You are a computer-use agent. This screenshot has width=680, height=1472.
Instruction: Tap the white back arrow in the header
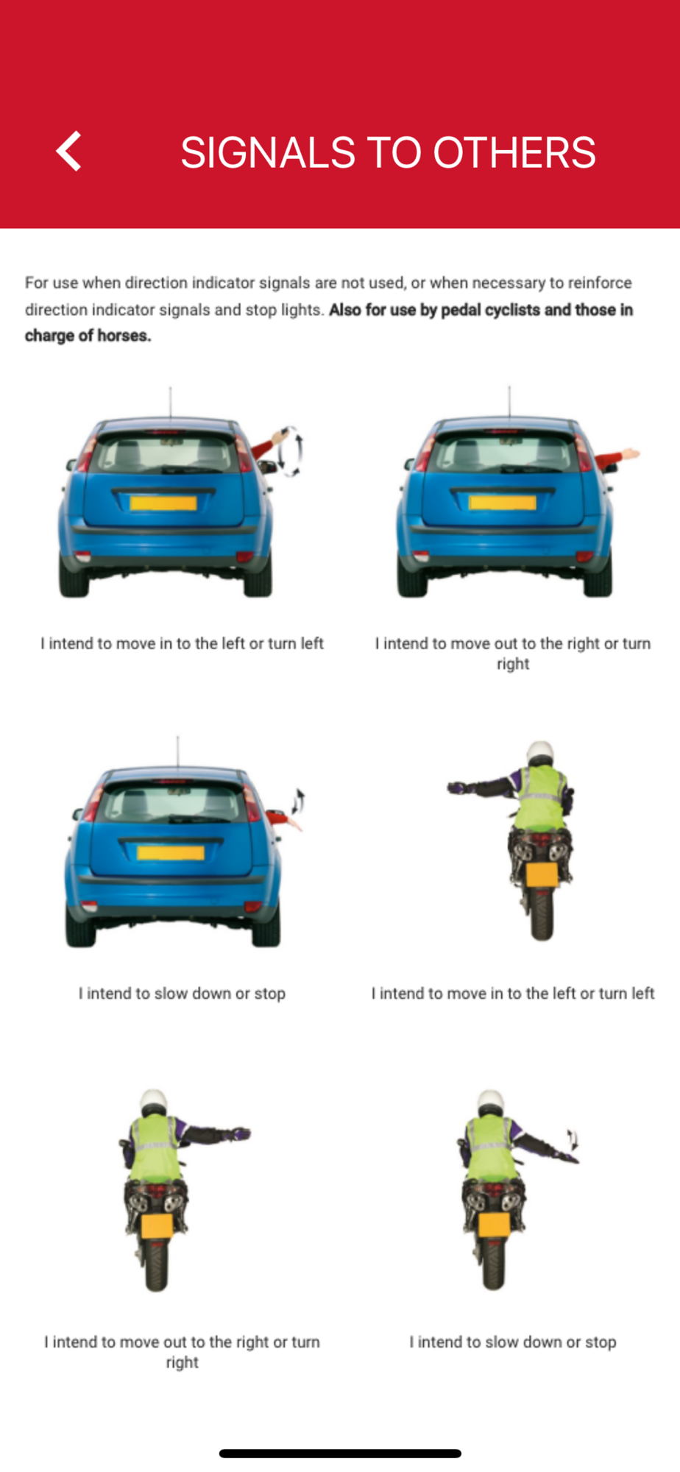(x=68, y=152)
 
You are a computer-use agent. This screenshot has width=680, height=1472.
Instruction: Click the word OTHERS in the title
(x=514, y=152)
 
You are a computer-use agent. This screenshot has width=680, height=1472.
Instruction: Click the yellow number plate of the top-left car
(x=163, y=503)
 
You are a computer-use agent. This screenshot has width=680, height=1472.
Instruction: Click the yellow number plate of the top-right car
(x=502, y=503)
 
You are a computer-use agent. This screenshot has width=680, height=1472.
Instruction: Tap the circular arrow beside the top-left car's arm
(x=293, y=450)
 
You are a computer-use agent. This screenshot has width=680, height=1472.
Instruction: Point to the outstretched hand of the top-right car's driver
(x=629, y=454)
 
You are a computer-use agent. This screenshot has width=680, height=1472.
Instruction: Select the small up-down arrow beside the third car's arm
(x=298, y=801)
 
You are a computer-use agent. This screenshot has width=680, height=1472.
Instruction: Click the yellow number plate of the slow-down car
(x=171, y=852)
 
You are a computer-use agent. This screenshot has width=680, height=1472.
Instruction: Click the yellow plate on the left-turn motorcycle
(x=542, y=875)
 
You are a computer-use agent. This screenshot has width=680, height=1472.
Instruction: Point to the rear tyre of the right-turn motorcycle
(x=156, y=1264)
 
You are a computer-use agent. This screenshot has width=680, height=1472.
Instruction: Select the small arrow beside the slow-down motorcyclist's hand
(x=573, y=1139)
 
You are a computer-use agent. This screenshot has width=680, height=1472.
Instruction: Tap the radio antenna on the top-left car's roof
(x=171, y=403)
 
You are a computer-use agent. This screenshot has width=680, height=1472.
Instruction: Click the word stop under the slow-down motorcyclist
(x=601, y=1342)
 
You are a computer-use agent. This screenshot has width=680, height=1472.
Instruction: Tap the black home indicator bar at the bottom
(x=340, y=1454)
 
